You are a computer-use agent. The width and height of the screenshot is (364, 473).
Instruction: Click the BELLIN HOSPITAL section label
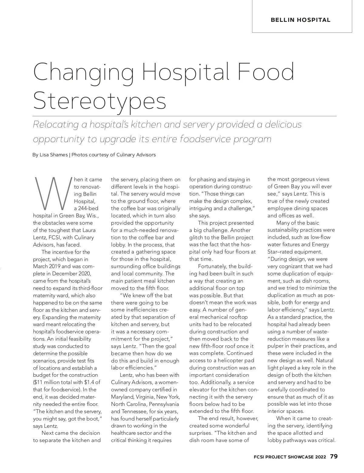(300, 20)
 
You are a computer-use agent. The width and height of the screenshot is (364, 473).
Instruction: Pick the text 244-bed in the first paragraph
(88, 208)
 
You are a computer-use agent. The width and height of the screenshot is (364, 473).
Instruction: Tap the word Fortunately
(212, 266)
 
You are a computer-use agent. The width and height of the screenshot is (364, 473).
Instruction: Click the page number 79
(334, 456)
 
